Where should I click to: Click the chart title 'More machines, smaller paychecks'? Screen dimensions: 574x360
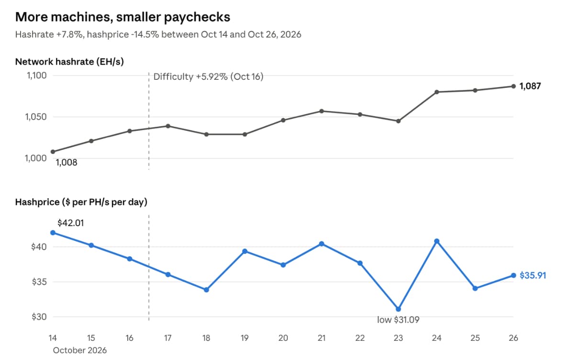click(x=122, y=17)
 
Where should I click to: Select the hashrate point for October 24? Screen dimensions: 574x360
click(x=437, y=92)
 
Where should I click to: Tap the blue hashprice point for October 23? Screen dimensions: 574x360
click(x=398, y=309)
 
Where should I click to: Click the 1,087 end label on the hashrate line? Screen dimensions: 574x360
click(x=530, y=86)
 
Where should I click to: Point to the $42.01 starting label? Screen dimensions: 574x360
click(x=70, y=223)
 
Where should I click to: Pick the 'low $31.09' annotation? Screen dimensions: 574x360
click(x=398, y=320)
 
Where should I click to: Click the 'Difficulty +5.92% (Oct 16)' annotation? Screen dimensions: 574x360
click(x=209, y=76)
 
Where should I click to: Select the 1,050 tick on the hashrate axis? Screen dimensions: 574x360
click(x=36, y=117)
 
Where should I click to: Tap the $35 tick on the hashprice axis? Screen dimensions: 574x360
click(x=39, y=282)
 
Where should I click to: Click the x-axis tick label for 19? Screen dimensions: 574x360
click(x=245, y=338)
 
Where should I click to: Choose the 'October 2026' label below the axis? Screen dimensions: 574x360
click(x=80, y=350)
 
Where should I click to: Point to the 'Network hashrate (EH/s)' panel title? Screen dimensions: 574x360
click(x=69, y=62)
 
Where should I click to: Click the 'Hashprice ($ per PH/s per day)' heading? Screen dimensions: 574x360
click(x=81, y=202)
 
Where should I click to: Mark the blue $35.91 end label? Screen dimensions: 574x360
click(x=533, y=275)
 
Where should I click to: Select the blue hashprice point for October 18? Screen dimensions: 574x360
click(x=206, y=290)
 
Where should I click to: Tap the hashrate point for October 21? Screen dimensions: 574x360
click(x=321, y=111)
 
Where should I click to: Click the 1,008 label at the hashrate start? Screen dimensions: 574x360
click(x=66, y=163)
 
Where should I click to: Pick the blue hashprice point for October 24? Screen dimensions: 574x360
click(x=437, y=241)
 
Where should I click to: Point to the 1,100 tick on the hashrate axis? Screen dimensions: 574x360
click(x=37, y=76)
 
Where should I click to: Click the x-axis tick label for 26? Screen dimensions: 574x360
click(x=513, y=338)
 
